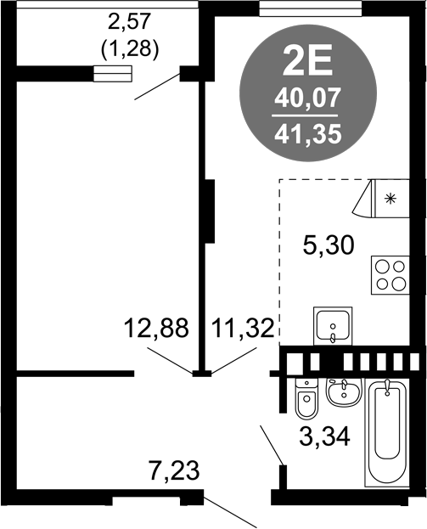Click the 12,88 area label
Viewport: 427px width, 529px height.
point(156,329)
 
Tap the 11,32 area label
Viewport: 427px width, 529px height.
point(243,329)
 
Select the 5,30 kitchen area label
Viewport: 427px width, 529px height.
point(329,245)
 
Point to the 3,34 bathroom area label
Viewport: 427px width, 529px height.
point(324,437)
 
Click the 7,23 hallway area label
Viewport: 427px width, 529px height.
point(174,470)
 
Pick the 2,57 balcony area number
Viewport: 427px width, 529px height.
point(128,22)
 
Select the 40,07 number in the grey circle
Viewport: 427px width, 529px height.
point(306,98)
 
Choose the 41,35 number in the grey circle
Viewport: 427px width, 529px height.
point(308,134)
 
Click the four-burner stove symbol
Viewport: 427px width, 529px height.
point(390,275)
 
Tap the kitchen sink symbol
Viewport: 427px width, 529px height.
point(333,326)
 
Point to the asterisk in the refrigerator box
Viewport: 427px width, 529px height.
point(390,199)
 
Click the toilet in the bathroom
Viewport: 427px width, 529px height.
point(306,397)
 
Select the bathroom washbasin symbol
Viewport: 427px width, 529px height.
point(344,392)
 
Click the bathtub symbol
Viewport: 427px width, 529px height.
point(387,433)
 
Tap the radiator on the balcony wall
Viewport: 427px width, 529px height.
point(112,74)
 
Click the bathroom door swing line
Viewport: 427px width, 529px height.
point(272,445)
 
